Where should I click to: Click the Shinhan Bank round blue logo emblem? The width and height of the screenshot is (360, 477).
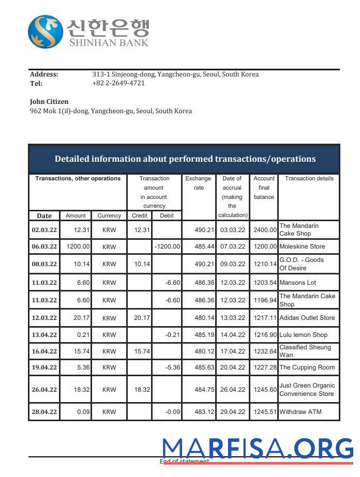point(46,32)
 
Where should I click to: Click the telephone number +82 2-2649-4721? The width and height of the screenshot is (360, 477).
point(118,83)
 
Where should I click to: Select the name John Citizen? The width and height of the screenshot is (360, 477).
point(49,102)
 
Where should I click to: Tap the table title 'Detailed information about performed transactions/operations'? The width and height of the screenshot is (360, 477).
point(185,159)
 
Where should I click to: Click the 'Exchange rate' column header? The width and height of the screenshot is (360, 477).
point(199,183)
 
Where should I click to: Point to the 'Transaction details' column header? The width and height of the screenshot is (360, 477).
point(309,179)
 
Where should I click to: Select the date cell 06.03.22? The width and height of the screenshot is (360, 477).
point(44,247)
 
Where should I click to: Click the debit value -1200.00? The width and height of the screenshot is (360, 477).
point(167,247)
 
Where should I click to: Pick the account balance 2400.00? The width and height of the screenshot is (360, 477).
point(265,229)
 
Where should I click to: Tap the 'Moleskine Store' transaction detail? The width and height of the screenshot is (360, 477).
point(302,247)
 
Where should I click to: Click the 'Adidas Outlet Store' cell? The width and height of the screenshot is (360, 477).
point(307,318)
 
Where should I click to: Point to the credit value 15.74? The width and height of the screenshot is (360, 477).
point(142,351)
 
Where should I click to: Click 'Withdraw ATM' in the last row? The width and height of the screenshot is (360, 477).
point(300,412)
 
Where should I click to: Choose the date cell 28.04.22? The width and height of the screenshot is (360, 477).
point(44,412)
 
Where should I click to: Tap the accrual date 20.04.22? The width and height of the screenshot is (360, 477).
point(232,367)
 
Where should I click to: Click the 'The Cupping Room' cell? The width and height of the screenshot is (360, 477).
point(307,367)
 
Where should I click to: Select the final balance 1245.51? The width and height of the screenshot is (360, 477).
point(265,412)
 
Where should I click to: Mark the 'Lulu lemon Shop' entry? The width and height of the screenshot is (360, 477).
point(303,335)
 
